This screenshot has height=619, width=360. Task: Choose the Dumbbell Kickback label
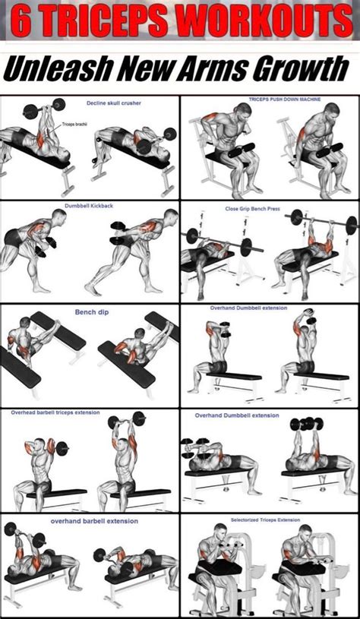point(88,205)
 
